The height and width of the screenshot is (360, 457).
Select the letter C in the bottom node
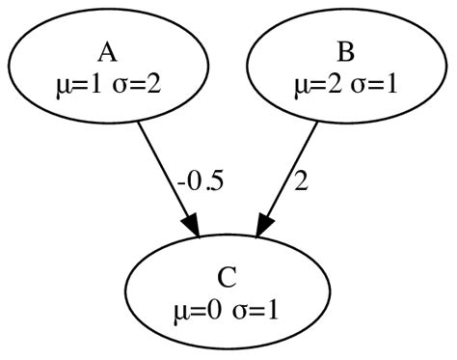pos(228,277)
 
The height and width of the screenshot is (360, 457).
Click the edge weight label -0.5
pos(201,181)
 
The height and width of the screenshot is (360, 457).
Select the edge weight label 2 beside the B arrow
pos(301,181)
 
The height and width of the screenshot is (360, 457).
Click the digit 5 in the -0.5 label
pos(218,181)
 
